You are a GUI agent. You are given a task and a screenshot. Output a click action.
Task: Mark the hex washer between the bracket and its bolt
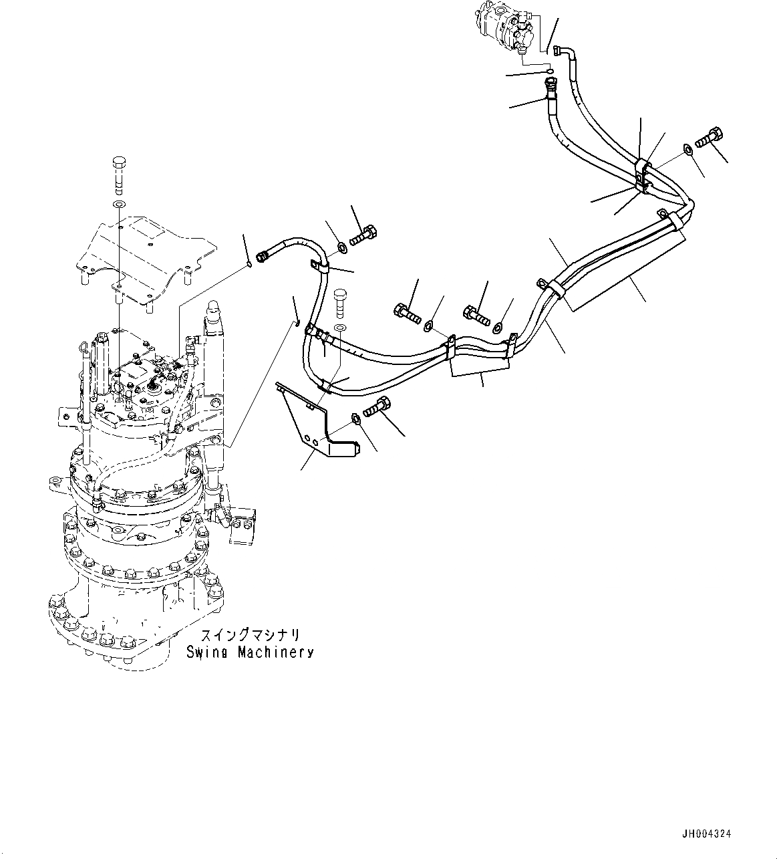click(x=355, y=420)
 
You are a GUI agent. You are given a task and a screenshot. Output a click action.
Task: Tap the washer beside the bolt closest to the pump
click(x=687, y=148)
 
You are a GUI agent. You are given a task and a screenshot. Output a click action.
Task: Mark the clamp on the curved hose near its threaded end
click(x=319, y=267)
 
